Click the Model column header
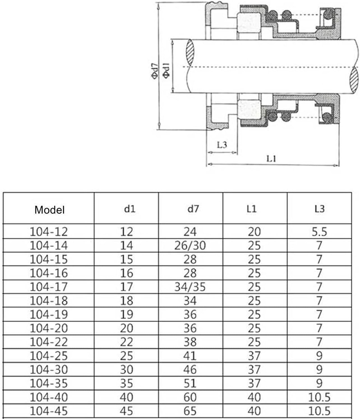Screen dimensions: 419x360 coord(49,210)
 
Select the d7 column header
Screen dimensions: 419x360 coord(193,209)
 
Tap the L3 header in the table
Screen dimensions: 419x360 coord(319,209)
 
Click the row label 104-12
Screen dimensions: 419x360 coord(49,232)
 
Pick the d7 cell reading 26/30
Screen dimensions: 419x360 coord(190,246)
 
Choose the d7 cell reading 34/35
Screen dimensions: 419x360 coord(190,287)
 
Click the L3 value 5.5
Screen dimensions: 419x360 coord(319,232)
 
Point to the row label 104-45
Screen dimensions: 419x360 coord(49,411)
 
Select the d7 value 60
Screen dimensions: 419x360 coord(190,397)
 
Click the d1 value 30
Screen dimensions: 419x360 coord(126,370)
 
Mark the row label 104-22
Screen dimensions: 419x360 coord(49,342)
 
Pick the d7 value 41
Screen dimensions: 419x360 coord(190,356)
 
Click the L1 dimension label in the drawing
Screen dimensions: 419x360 coord(271,159)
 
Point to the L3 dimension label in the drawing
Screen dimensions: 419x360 coord(222,145)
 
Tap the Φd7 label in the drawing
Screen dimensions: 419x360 coord(154,71)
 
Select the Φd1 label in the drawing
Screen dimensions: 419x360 coord(166,70)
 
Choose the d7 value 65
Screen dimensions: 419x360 coord(190,411)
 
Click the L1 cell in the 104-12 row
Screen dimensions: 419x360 coord(254,232)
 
